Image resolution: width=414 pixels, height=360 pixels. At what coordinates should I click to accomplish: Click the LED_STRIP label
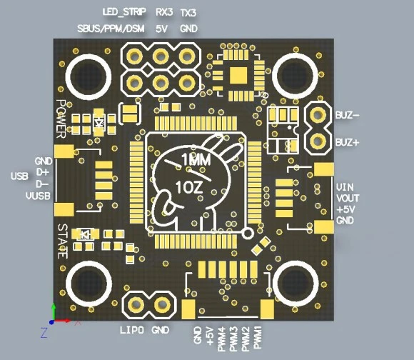[123, 12]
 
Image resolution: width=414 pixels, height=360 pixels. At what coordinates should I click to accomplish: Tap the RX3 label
[164, 12]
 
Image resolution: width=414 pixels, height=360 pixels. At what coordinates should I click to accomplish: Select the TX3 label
[188, 13]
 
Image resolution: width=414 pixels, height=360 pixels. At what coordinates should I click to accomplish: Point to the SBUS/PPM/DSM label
[111, 29]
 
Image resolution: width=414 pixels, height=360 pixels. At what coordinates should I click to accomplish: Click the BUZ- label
[347, 115]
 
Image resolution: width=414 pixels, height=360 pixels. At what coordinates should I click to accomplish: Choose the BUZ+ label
[347, 142]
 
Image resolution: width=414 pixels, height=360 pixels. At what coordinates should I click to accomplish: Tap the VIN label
[345, 187]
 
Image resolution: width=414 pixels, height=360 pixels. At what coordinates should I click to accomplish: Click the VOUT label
[348, 198]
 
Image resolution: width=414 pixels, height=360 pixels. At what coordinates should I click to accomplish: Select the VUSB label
[38, 196]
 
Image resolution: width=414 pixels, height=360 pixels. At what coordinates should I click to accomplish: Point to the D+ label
[43, 172]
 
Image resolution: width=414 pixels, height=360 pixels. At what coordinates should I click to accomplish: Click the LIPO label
[132, 330]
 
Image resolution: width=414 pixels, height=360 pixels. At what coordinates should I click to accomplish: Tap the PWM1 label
[258, 337]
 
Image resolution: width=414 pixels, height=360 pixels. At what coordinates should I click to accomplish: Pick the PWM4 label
[221, 339]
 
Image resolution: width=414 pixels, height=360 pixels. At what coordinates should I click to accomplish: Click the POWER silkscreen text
[61, 119]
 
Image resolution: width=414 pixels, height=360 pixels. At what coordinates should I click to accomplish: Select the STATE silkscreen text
[63, 241]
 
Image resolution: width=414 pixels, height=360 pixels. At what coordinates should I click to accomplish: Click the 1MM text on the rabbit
[196, 159]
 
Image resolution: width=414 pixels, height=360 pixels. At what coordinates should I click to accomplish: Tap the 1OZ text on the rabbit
[189, 187]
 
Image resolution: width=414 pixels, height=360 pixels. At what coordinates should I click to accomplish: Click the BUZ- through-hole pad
[318, 115]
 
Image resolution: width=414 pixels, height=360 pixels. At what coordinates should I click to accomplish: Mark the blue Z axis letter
[44, 333]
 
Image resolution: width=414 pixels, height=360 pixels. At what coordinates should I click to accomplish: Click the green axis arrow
[54, 311]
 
